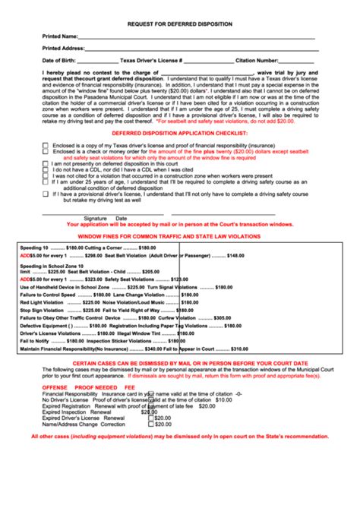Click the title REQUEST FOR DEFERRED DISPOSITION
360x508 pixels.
[x=179, y=24]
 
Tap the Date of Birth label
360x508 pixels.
[x=58, y=60]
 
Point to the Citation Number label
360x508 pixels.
[x=257, y=60]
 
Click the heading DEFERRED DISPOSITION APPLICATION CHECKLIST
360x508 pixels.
[x=179, y=132]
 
